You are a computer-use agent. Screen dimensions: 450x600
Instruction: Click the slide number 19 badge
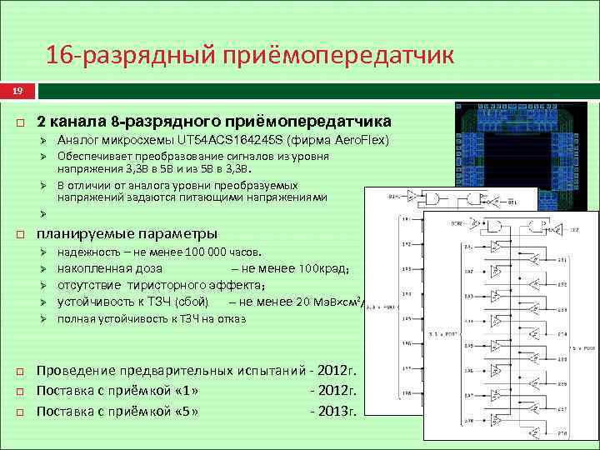[x=17, y=90]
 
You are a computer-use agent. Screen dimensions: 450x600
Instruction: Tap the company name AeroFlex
[x=357, y=139]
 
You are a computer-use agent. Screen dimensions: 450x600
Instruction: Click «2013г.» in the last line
[x=332, y=411]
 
